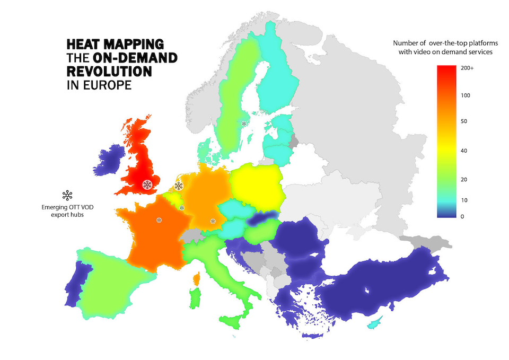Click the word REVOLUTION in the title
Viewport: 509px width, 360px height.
[x=109, y=71]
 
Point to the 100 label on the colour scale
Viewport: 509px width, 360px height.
[x=467, y=95]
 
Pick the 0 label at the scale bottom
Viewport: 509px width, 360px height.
[x=463, y=216]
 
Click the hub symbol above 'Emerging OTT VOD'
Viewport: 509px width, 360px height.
[x=67, y=195]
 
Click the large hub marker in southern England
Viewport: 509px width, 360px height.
[x=147, y=185]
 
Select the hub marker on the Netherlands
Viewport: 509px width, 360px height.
[x=179, y=186]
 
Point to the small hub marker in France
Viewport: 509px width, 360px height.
[x=159, y=219]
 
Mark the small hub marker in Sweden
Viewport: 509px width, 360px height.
[x=244, y=124]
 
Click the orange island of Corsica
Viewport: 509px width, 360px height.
[x=196, y=278]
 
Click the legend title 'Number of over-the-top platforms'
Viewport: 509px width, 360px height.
[x=443, y=43]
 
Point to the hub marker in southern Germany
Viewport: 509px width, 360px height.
[x=213, y=221]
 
